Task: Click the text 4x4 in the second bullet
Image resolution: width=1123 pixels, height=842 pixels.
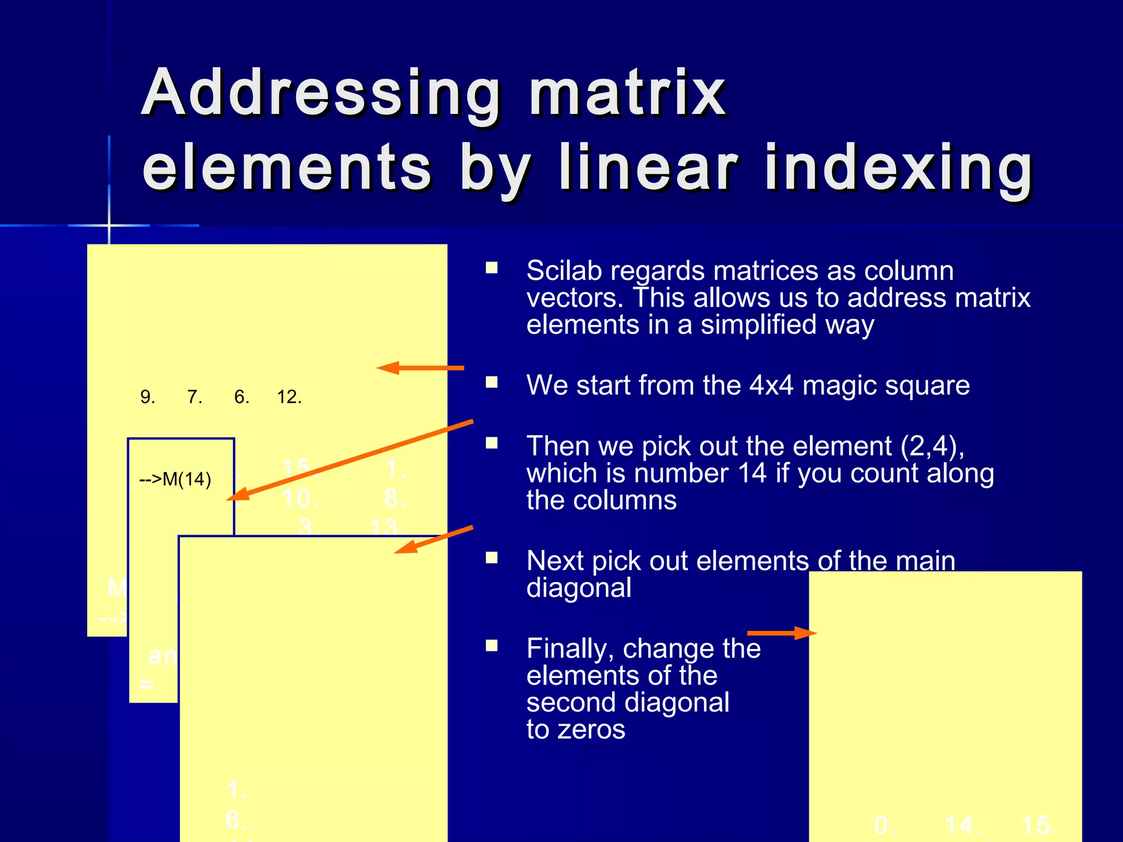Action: point(771,385)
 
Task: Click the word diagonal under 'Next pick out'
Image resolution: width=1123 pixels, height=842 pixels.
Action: point(578,588)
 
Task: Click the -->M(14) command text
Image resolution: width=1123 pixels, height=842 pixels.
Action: point(175,480)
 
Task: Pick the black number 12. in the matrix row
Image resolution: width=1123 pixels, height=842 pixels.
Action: point(289,397)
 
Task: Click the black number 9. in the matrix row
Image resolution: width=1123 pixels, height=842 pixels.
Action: point(148,397)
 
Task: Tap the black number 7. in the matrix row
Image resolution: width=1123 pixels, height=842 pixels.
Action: point(195,397)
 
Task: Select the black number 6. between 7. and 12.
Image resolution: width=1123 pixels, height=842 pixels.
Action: point(242,397)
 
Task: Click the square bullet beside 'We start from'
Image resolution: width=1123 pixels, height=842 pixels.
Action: point(492,382)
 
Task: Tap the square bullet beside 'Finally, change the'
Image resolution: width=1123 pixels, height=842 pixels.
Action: point(492,645)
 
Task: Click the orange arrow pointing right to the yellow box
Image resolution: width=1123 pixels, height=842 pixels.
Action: point(781,633)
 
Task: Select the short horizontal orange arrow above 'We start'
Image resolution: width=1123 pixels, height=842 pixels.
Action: point(420,368)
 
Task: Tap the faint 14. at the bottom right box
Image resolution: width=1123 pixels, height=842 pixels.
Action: point(963,826)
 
